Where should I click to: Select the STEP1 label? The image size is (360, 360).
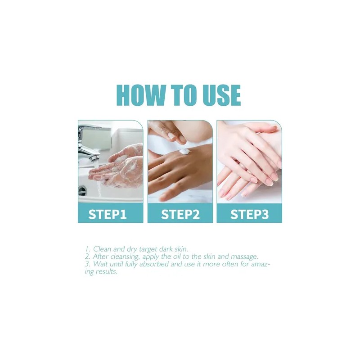[x=108, y=215]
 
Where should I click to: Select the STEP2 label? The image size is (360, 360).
[x=180, y=215]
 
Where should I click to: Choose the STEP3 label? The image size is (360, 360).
[x=249, y=215]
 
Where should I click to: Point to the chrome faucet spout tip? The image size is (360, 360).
[x=94, y=158]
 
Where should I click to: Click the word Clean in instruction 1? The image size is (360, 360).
[x=102, y=249]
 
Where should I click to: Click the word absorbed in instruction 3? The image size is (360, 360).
[x=154, y=264]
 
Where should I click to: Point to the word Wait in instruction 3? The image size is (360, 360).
[x=100, y=264]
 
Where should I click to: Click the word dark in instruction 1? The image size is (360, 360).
[x=162, y=249]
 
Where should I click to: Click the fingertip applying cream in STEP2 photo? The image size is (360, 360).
[x=181, y=139]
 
